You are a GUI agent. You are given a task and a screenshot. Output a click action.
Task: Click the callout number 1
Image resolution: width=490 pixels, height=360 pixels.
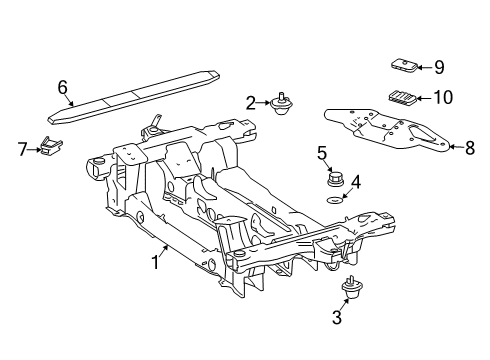point(156,262)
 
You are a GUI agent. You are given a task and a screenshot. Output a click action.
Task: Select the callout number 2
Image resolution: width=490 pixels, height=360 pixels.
point(251,103)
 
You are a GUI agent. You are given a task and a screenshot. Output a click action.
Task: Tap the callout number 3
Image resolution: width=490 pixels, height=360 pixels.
point(337,317)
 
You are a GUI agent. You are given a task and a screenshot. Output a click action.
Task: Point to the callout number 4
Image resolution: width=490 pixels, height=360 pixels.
point(356,182)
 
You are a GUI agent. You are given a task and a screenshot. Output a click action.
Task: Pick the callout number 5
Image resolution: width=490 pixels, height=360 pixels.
point(322,153)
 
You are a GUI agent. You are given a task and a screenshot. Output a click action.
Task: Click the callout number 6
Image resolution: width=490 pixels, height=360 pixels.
point(63,87)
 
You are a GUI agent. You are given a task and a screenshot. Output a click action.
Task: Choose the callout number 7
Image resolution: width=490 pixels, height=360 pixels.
point(22,149)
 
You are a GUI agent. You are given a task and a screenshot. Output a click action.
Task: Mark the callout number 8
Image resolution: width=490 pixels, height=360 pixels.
point(470,147)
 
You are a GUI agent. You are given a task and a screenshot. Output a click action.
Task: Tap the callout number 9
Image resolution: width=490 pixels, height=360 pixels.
point(439,67)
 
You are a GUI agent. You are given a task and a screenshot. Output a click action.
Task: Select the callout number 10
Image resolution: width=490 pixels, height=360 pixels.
point(443,97)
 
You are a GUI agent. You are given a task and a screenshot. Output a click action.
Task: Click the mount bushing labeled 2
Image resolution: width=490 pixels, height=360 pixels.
point(282,103)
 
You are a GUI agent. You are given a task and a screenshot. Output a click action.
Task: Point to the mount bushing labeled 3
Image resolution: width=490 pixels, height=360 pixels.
point(352,287)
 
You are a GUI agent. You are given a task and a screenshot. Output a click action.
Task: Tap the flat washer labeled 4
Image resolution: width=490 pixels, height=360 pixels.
point(333,200)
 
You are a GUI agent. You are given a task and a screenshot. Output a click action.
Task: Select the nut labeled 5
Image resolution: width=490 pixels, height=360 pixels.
point(333,179)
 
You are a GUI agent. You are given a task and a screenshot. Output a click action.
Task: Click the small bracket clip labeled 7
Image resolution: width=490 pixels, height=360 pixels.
point(51,146)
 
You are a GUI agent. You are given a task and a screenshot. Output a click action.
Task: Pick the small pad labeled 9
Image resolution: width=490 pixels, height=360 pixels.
point(404,65)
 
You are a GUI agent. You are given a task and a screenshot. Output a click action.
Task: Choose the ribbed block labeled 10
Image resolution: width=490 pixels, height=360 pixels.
point(402,96)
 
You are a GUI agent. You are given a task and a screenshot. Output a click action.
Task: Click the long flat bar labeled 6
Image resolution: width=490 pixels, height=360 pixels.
point(134,97)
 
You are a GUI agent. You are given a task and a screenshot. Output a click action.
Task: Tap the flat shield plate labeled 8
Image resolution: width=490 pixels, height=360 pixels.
point(387,131)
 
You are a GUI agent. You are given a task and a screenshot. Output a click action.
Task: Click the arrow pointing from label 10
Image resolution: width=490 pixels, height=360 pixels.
point(424,98)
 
